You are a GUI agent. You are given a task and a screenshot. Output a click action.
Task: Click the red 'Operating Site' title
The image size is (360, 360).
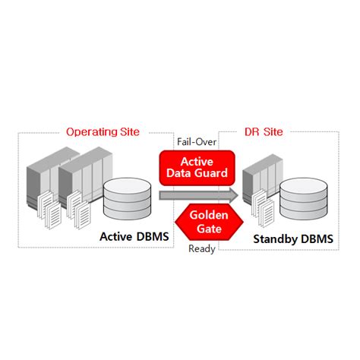click(103, 131)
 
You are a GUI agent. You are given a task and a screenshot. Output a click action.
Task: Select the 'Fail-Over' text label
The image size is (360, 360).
click(197, 141)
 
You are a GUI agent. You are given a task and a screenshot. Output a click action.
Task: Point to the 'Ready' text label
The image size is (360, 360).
click(202, 248)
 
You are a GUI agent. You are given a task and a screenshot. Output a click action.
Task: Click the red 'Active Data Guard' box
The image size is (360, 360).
click(196, 168)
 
